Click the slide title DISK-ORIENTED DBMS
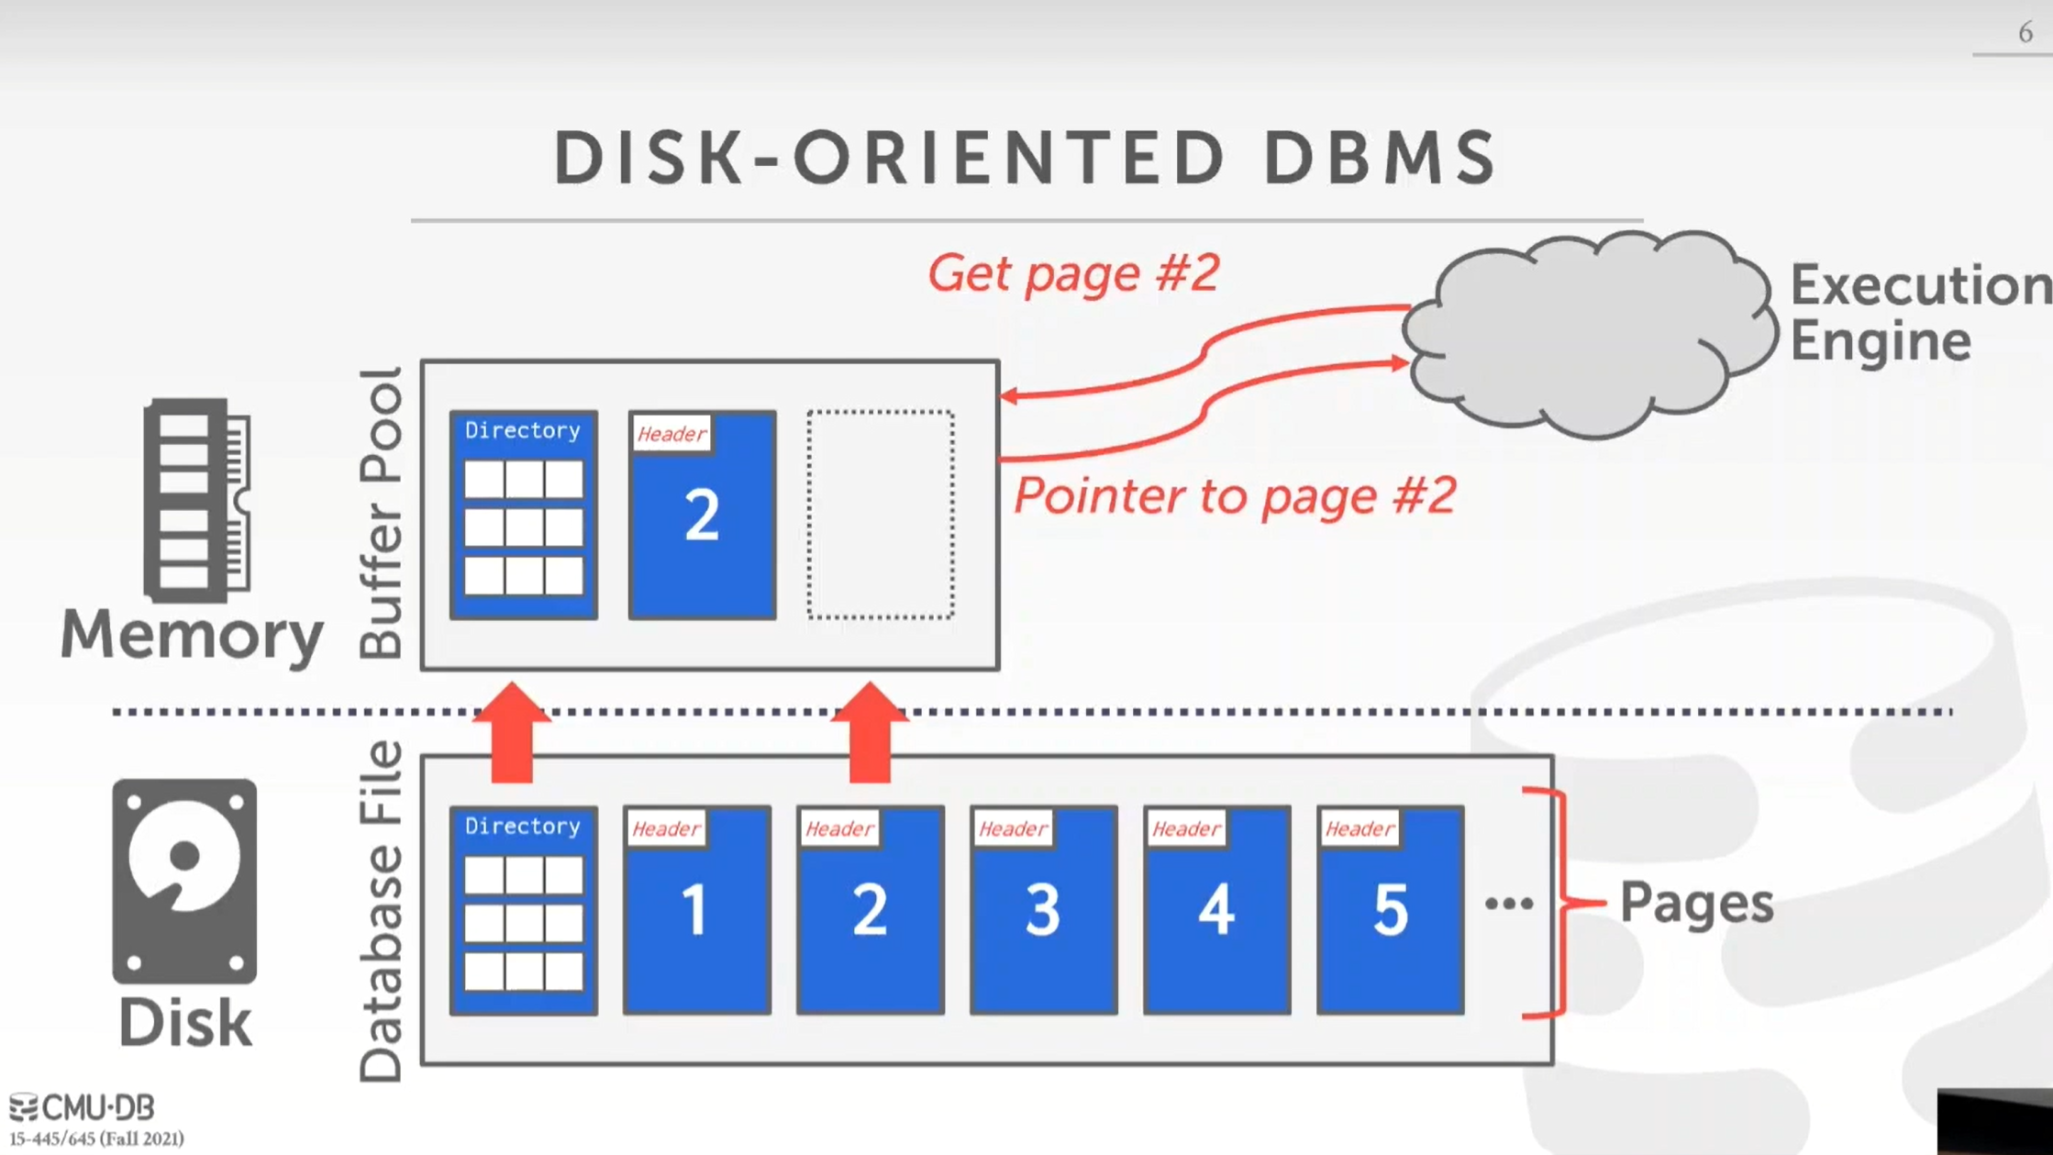pyautogui.click(x=1025, y=158)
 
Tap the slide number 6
pyautogui.click(x=2025, y=33)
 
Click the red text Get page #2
pyautogui.click(x=1073, y=273)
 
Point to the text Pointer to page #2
pyautogui.click(x=1234, y=495)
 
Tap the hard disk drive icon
pyautogui.click(x=184, y=881)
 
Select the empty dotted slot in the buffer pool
pyautogui.click(x=881, y=515)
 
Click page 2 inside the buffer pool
pyautogui.click(x=702, y=515)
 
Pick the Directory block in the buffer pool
pyautogui.click(x=523, y=515)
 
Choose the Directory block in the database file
pyautogui.click(x=523, y=910)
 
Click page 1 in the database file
pyautogui.click(x=696, y=910)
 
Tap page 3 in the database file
pyautogui.click(x=1043, y=910)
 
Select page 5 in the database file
pyautogui.click(x=1390, y=910)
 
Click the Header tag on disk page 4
pyautogui.click(x=1186, y=829)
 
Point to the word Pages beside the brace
pyautogui.click(x=1696, y=903)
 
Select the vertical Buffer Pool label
pyautogui.click(x=381, y=514)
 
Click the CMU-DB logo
pyautogui.click(x=83, y=1107)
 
